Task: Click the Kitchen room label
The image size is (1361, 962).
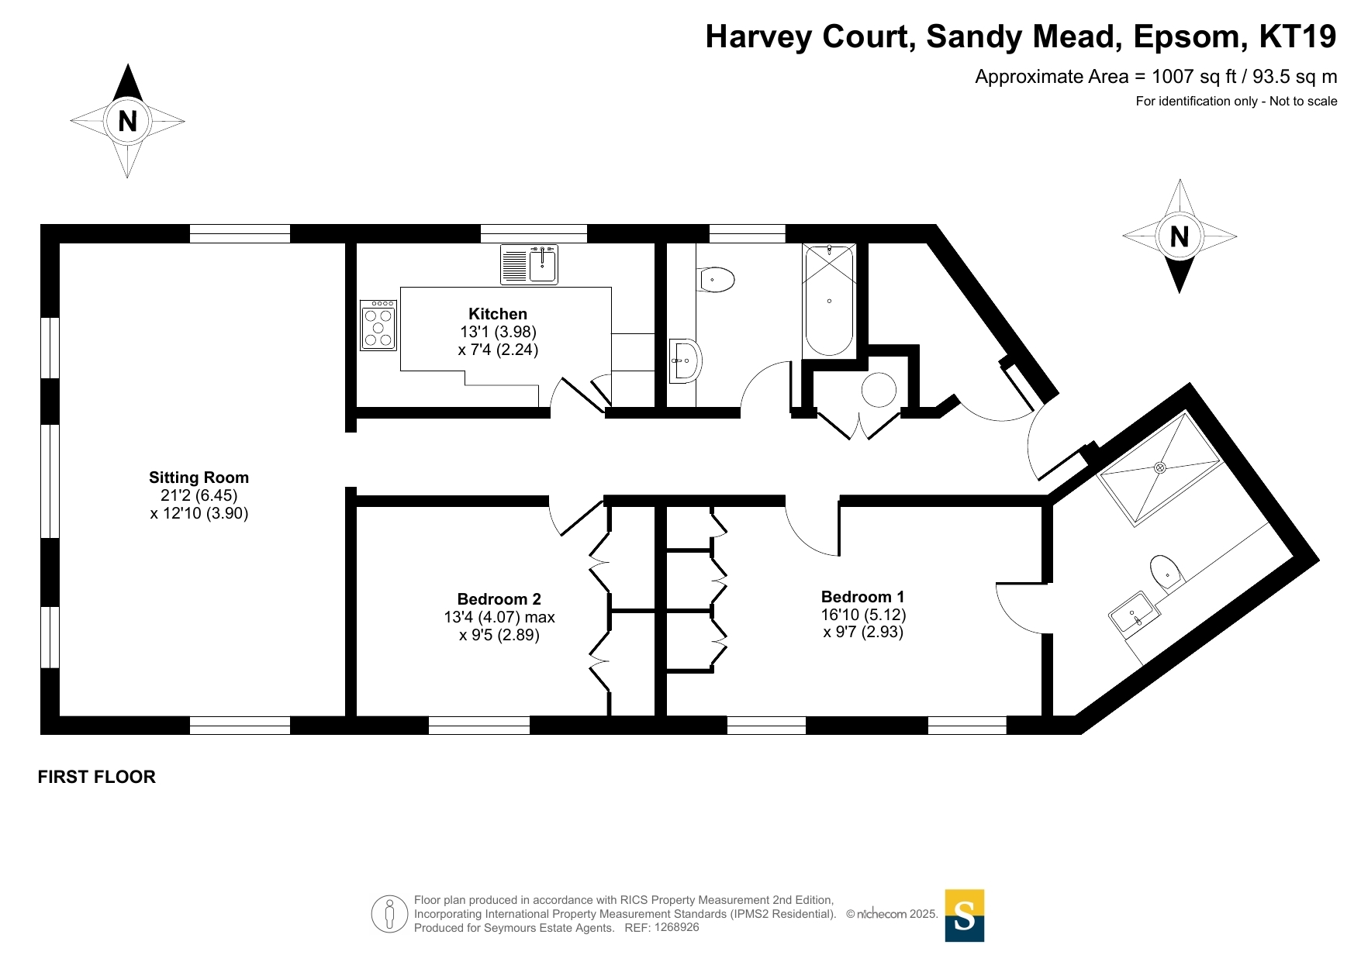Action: coord(498,314)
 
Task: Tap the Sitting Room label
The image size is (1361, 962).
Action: coord(199,478)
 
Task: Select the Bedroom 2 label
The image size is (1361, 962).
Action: coord(499,599)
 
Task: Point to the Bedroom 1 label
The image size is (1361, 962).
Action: coord(862,597)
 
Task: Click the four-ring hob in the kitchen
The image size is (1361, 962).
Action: coord(378,326)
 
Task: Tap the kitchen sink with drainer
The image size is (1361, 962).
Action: coord(529,264)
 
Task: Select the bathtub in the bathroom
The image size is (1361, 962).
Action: coord(829,300)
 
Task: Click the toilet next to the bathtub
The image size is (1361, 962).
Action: coord(716,280)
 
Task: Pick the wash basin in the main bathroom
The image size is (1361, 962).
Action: coord(685,361)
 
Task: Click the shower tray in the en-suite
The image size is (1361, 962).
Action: coord(1160,469)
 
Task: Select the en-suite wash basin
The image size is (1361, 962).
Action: coord(1134,614)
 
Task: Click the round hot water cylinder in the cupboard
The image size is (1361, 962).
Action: coord(879,390)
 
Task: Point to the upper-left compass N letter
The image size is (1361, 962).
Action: coord(128,121)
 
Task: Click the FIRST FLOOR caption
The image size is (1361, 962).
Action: coord(97,777)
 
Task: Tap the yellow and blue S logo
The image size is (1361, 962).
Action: coord(965,915)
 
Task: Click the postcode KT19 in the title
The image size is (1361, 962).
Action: coord(1297,36)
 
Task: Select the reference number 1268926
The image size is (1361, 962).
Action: coord(677,927)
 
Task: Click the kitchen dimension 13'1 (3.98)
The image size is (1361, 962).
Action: coord(498,332)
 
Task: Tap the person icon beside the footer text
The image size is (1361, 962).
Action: coord(389,914)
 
